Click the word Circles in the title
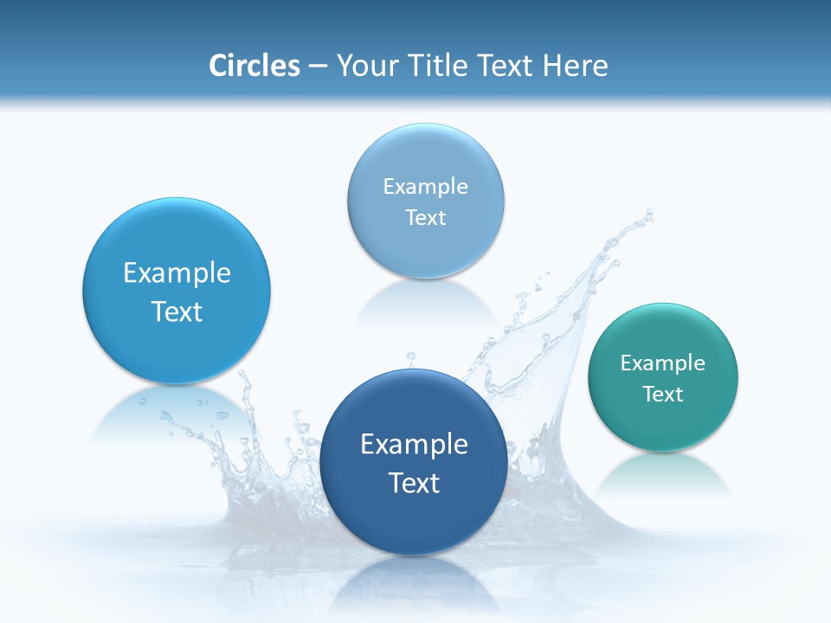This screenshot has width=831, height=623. [x=254, y=66]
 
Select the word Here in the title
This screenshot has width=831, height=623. [x=576, y=66]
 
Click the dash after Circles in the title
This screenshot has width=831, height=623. [x=318, y=67]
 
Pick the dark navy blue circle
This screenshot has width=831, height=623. [x=414, y=519]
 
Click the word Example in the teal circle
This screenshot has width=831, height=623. [x=663, y=363]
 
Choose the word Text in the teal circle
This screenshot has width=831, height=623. [x=663, y=395]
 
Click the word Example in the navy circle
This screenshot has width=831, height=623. [x=414, y=445]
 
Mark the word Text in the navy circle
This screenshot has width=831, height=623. [x=414, y=483]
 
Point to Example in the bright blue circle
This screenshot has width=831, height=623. [x=177, y=273]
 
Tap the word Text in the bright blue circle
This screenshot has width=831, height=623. [x=177, y=311]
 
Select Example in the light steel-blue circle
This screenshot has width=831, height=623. [x=426, y=187]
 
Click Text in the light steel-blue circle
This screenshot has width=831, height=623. [x=426, y=218]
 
